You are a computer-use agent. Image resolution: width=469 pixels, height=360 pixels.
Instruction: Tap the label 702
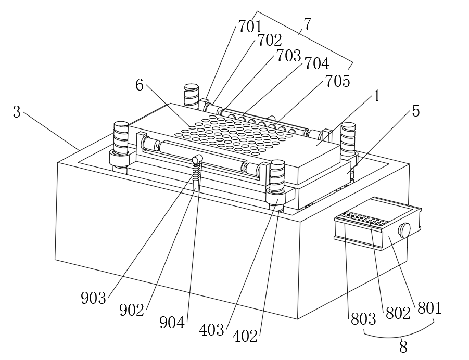coord(269,40)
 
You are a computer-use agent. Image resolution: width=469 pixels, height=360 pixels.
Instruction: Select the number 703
coord(289,55)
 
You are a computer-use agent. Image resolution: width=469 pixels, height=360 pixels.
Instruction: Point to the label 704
coord(316,64)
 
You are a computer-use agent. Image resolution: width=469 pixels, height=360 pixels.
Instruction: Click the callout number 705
coord(337,81)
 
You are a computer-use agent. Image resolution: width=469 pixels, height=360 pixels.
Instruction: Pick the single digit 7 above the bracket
coord(307,24)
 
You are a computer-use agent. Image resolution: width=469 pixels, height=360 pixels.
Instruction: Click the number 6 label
coord(140,85)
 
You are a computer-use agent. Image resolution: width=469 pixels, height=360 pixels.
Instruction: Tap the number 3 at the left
coord(17,111)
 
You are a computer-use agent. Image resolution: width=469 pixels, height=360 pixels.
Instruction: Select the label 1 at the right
coord(376,96)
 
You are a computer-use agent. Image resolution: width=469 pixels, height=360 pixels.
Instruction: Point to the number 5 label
coord(415,111)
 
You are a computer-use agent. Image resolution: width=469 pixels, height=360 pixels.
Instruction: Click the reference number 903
coord(93,298)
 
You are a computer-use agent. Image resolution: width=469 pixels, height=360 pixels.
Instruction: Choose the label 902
coord(131,310)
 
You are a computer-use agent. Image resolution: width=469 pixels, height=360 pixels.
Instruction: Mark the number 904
coord(172,323)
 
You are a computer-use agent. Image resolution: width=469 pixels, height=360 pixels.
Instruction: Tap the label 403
coord(212,329)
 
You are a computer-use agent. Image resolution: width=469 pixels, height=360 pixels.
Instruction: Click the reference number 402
coord(245,337)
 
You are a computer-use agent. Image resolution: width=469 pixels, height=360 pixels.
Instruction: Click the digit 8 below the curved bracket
coord(403,345)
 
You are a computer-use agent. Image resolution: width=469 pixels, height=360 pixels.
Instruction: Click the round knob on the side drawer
coord(404,230)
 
